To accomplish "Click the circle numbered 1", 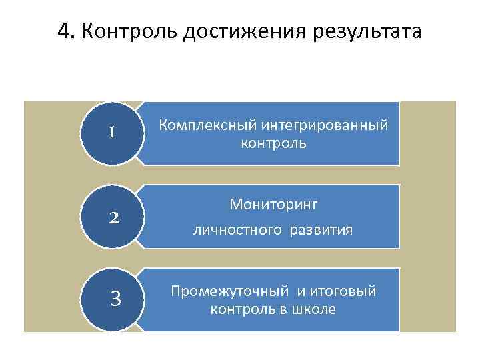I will pos(113,132).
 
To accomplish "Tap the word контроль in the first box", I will pos(274,143).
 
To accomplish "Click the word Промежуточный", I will pos(230,291).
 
